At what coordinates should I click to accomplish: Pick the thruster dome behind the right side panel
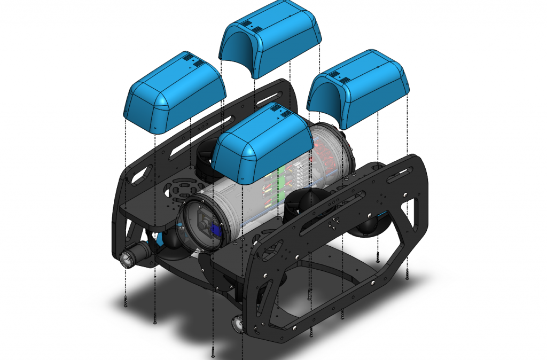coord(369,224)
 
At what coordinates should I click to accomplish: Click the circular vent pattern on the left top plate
coord(181,190)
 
